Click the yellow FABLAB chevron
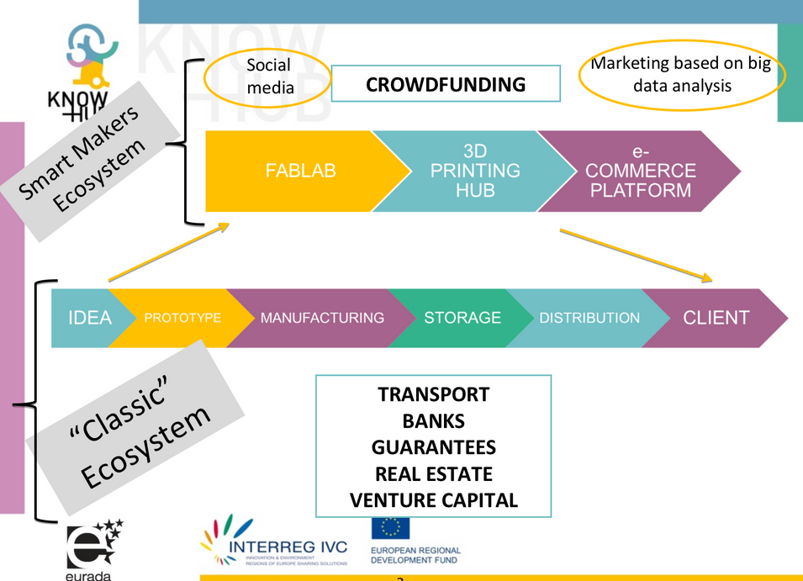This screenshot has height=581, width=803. coord(299,171)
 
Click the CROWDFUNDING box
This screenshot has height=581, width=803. coord(446,84)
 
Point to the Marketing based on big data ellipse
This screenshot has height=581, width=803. coord(681,76)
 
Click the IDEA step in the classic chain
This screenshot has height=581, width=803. coord(88,318)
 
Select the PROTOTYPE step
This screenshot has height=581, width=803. coord(182,318)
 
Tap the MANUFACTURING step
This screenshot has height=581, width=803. coord(322,318)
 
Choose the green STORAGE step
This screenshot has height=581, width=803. coord(462,318)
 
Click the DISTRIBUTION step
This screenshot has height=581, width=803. coord(589,318)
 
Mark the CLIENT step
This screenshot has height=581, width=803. coord(716,318)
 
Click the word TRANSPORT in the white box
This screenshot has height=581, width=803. coord(433,394)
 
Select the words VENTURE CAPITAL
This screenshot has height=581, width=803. coord(433,500)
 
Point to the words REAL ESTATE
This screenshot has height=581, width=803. coord(433,474)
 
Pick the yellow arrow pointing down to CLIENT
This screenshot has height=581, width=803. coord(636,254)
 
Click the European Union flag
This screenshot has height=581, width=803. coord(390,528)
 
